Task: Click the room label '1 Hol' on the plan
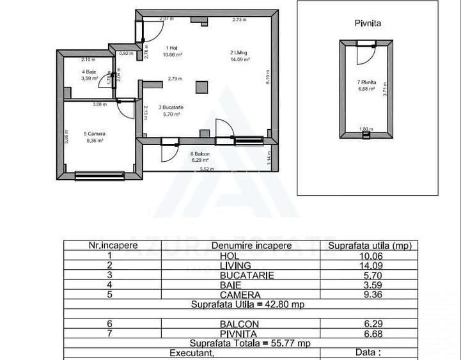pyautogui.click(x=172, y=48)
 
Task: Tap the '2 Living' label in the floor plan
pyautogui.click(x=239, y=52)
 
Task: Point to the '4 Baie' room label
pyautogui.click(x=89, y=72)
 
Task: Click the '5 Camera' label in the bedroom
pyautogui.click(x=94, y=134)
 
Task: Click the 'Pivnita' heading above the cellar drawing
pyautogui.click(x=368, y=23)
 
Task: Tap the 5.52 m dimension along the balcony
pyautogui.click(x=207, y=169)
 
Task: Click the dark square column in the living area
pyautogui.click(x=202, y=87)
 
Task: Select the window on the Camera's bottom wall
pyautogui.click(x=99, y=175)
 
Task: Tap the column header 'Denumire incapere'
pyautogui.click(x=246, y=245)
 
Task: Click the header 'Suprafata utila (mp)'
pyautogui.click(x=370, y=245)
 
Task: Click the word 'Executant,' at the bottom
pyautogui.click(x=191, y=352)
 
